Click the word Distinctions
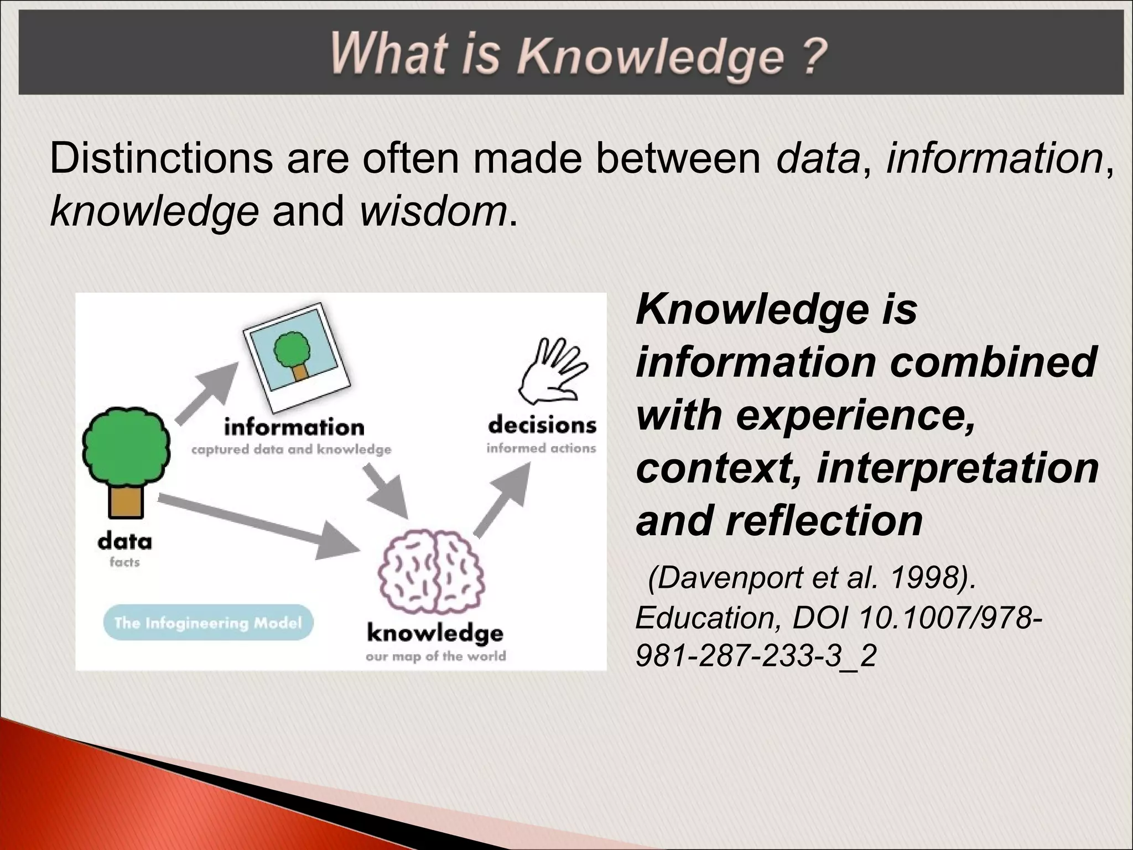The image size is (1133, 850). [x=161, y=159]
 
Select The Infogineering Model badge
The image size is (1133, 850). [x=208, y=623]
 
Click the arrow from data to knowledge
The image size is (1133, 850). [x=260, y=526]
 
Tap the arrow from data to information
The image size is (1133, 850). [x=207, y=392]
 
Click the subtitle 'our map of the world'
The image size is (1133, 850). [x=435, y=657]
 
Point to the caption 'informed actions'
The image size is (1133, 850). [x=541, y=448]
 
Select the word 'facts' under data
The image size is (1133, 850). [x=124, y=562]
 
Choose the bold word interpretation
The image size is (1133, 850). [x=957, y=468]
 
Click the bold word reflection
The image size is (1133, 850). [x=824, y=521]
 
